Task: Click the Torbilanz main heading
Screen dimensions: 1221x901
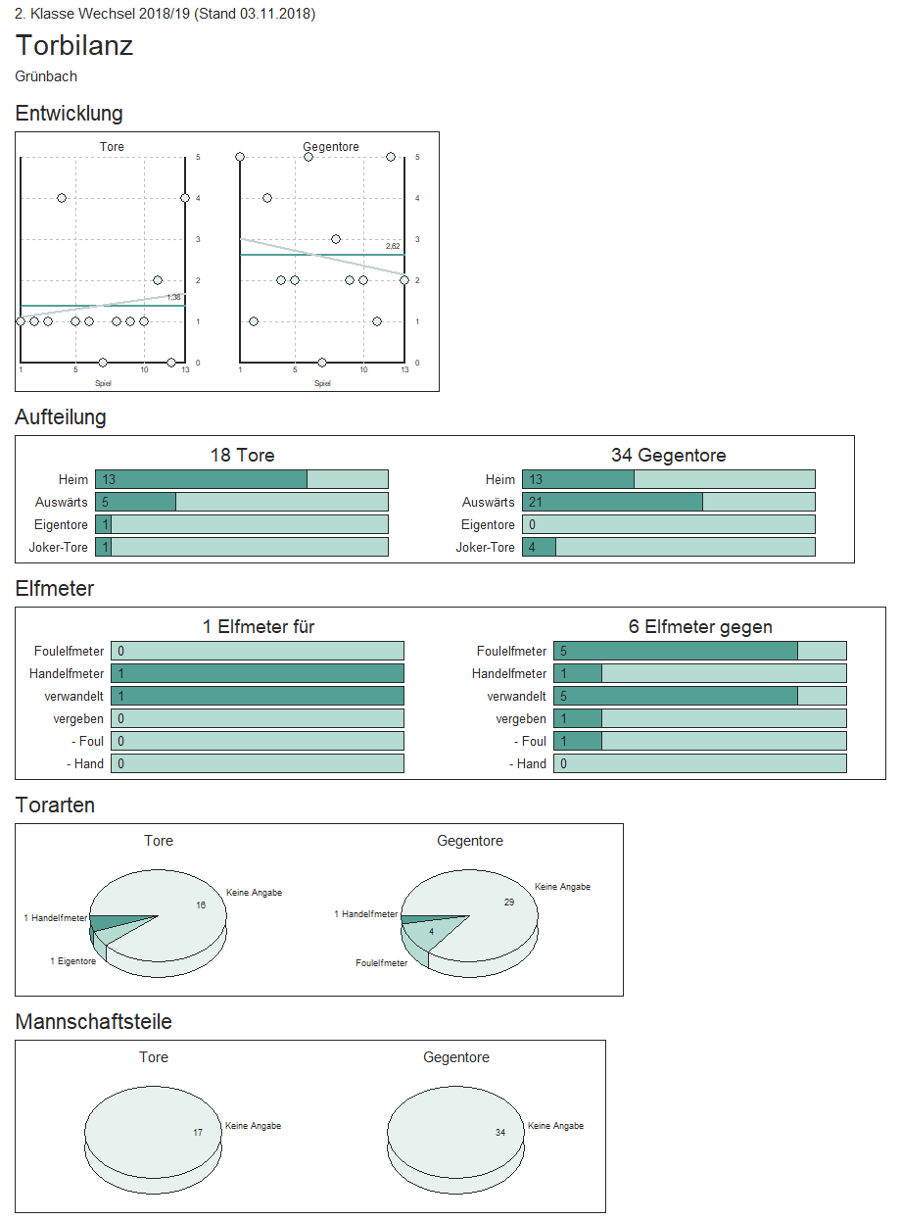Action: tap(74, 46)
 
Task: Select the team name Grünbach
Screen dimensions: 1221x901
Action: tap(46, 76)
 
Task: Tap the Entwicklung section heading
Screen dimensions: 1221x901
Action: tap(69, 114)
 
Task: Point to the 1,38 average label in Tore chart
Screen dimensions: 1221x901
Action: tap(173, 297)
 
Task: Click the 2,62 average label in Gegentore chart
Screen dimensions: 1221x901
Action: tap(393, 246)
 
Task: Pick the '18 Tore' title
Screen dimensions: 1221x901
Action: tap(242, 455)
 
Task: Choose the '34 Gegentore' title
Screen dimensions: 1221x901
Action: tap(668, 455)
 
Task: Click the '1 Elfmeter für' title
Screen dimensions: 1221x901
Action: tap(259, 627)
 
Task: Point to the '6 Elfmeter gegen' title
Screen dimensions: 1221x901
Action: tap(700, 627)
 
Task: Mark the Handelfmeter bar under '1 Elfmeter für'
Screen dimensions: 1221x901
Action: tap(257, 673)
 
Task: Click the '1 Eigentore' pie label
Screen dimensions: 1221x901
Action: tap(73, 961)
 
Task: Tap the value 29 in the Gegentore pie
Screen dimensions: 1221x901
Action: tap(508, 902)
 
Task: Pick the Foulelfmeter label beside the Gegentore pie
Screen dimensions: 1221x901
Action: tap(381, 963)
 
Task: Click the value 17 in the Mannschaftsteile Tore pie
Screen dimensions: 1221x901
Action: tap(198, 1132)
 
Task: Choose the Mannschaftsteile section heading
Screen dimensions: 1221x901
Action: tap(94, 1022)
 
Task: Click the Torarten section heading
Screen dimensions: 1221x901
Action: tap(55, 806)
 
